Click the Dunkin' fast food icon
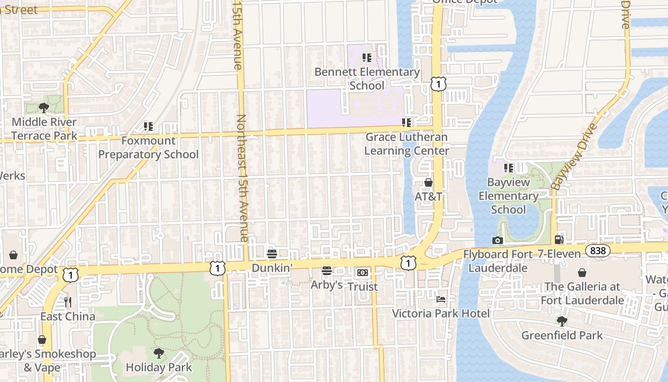coord(272,253)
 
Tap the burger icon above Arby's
coord(327,271)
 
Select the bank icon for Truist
coord(363,273)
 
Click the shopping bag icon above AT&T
coord(428,182)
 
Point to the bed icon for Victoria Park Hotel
coord(441,299)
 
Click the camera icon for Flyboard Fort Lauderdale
coord(498,240)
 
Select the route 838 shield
coord(598,251)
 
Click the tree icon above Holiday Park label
coord(159,353)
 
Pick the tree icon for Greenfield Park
coord(562,321)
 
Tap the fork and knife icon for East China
coord(68,302)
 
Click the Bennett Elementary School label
coord(367,79)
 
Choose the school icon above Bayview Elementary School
coord(509,168)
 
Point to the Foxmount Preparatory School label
coord(148,148)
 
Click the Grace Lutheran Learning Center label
coord(407,144)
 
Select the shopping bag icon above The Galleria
coord(582,273)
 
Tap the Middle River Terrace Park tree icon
coord(44,107)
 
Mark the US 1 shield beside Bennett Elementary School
coord(438,84)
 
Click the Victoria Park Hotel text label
coord(441,313)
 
